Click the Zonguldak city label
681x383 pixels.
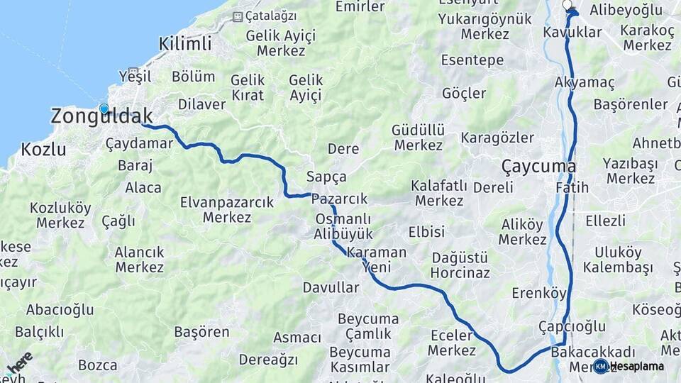(x=101, y=117)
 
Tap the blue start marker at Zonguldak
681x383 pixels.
(x=104, y=109)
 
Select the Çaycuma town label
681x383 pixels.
(x=538, y=167)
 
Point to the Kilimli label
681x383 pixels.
(x=185, y=43)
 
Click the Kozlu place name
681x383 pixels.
(x=43, y=150)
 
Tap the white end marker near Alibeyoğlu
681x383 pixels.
(x=567, y=5)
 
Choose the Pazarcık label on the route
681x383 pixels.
(x=339, y=199)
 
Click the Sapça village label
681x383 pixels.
(x=326, y=177)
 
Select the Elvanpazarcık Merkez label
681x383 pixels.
(x=227, y=210)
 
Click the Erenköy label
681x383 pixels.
(x=539, y=293)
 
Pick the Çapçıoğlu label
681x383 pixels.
(x=572, y=326)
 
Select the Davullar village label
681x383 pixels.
(x=331, y=287)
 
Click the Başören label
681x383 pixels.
(x=201, y=331)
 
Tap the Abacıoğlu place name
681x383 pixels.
(x=60, y=309)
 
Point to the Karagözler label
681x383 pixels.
(x=497, y=138)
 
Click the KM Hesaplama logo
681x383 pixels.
(x=629, y=367)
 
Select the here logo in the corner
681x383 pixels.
(x=18, y=363)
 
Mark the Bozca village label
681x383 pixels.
(x=97, y=365)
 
